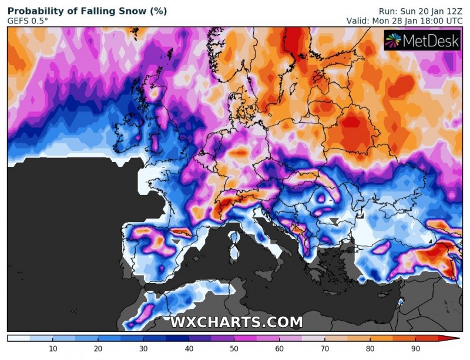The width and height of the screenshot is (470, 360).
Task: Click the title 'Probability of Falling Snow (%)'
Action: tap(87, 11)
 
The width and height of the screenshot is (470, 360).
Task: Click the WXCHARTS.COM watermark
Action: tap(237, 322)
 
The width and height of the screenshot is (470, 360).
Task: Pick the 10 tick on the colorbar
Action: tap(52, 349)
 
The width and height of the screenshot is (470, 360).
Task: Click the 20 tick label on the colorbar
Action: tap(98, 349)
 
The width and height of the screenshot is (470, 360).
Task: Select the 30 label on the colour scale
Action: tap(143, 349)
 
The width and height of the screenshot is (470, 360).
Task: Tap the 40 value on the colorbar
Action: tap(188, 349)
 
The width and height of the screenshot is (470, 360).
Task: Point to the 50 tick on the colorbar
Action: tap(233, 349)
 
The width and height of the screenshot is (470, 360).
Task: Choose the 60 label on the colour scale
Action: tap(278, 349)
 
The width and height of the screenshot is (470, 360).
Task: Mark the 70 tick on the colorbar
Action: tap(324, 349)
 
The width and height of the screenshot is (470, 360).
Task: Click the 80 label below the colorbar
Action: tap(370, 349)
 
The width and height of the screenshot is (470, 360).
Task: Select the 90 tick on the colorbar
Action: tap(415, 349)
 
